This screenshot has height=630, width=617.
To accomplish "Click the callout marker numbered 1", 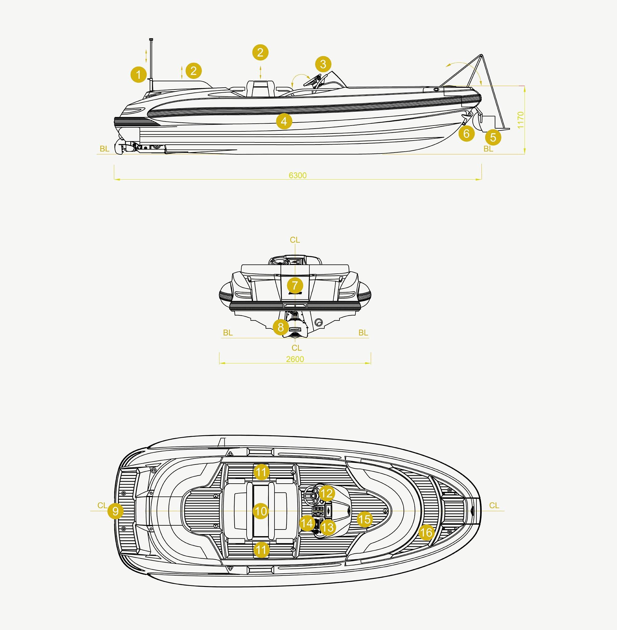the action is pos(139,75).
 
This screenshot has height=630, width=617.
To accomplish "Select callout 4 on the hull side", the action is pos(284,122).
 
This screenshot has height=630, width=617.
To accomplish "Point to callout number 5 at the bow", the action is pos(493,138).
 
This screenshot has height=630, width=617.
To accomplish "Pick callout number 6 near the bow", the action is pos(466,133).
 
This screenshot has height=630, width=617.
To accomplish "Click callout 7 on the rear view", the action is pos(295,286).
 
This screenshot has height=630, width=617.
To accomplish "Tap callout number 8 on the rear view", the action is pos(281,327).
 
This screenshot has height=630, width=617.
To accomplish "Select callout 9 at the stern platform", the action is pos(115,511).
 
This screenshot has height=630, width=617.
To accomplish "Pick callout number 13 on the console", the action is pos(327,527).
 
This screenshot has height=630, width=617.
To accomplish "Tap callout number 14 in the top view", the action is pos(307,523).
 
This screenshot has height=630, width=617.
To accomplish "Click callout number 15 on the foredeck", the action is pos(364,520).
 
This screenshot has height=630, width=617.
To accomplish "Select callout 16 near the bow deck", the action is pos(426,532).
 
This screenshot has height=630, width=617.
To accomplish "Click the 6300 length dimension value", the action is pos(298,175).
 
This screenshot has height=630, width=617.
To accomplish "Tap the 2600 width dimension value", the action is pos(295,359).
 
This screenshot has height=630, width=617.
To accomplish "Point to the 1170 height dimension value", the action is pos(520,120).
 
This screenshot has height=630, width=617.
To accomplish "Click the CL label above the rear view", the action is pos(295,240).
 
